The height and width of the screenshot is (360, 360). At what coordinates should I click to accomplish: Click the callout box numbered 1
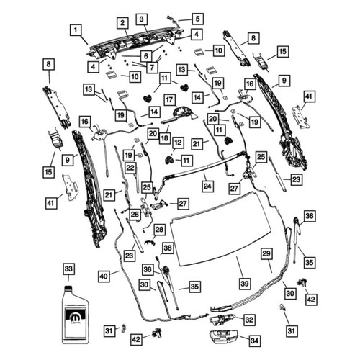coord(76,30)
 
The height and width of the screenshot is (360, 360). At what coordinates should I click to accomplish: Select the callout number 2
coord(122,23)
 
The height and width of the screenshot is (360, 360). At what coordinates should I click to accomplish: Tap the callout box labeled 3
coord(142,19)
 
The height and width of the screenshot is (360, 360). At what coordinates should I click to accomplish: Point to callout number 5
coord(198,19)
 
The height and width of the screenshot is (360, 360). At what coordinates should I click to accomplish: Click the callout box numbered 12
coord(178,143)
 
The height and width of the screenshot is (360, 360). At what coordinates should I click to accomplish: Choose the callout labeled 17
coord(170,99)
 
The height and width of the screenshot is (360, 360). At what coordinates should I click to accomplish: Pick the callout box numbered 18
coord(165,138)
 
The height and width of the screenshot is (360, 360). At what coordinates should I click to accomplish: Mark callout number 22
coord(130,168)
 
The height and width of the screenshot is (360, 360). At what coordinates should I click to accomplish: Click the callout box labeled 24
coord(207,186)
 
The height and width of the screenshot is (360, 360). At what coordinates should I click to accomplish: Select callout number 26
coord(135,215)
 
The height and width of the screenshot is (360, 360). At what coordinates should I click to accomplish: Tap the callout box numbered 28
coord(159,230)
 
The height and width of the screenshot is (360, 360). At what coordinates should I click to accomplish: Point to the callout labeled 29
coord(266,253)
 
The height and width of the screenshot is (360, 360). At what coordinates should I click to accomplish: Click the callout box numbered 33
coord(68,269)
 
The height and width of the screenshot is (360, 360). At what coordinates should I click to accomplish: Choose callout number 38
coord(168,248)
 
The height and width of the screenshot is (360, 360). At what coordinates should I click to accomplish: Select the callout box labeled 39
coord(245,284)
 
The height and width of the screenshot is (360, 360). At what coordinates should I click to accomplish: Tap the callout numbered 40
coord(104,276)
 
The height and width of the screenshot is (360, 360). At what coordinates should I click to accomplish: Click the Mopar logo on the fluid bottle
coord(76,318)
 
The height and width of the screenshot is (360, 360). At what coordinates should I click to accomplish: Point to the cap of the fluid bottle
coord(69,288)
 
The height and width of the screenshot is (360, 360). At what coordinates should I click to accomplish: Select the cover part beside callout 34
coord(224,338)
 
